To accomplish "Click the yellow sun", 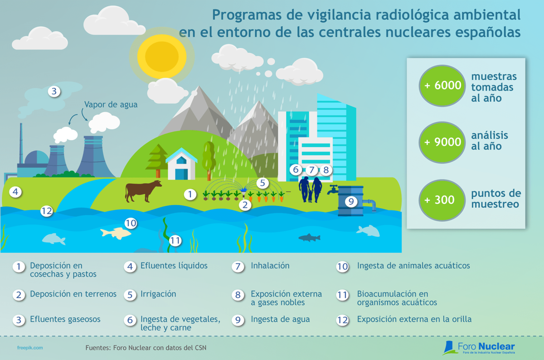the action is tap(162, 56).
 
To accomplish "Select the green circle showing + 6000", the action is tap(442, 86).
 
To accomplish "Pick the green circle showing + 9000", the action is tap(442, 142).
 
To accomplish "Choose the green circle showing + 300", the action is tap(442, 200).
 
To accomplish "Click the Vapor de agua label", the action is tap(111, 104).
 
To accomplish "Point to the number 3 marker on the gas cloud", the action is tap(54, 91).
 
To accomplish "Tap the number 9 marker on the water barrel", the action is tap(351, 201).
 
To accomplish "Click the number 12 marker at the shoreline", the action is tap(47, 211).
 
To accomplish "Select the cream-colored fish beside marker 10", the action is tap(116, 234).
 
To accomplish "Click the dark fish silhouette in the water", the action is tap(309, 237).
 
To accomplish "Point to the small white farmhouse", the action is tap(181, 164).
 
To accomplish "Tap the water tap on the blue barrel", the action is tap(332, 190).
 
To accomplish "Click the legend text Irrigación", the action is tap(158, 294).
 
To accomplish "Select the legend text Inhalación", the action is tap(270, 266).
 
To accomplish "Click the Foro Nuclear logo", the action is tap(478, 348).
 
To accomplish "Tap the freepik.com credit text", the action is tap(30, 348).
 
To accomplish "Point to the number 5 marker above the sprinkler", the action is tap(262, 183).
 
